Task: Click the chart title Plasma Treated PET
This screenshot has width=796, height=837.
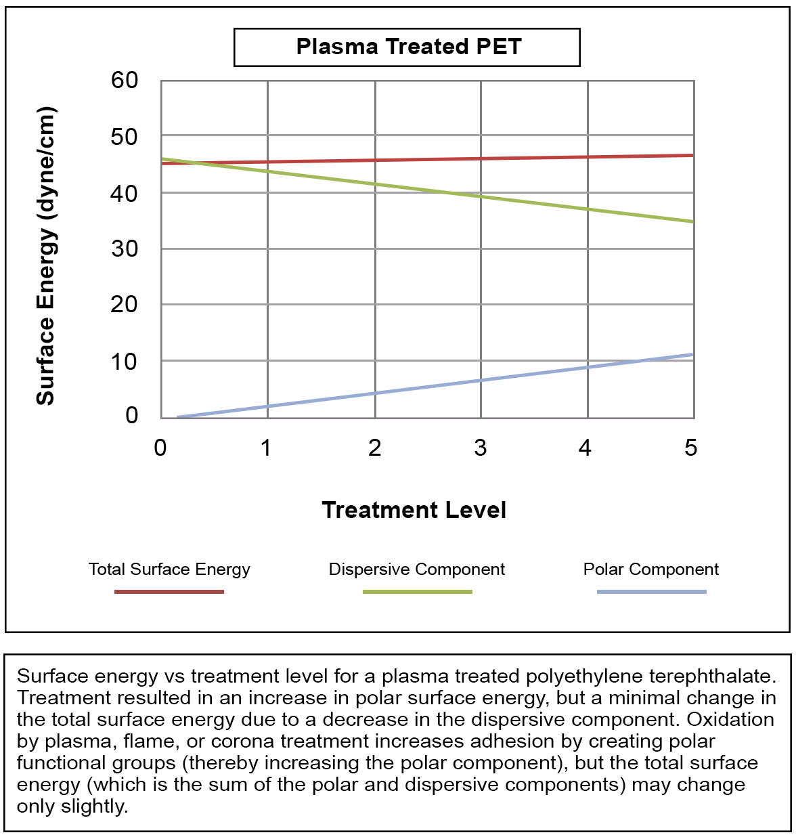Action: (408, 47)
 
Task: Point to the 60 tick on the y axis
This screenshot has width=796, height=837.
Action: (125, 81)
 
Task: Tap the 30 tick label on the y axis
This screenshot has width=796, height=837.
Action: (125, 249)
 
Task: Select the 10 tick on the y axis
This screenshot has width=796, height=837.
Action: (125, 361)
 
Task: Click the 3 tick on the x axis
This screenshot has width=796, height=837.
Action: (481, 448)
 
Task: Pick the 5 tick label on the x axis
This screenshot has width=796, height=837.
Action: (690, 448)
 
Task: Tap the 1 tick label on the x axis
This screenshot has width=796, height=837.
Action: (267, 448)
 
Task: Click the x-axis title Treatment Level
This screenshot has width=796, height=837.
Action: (414, 510)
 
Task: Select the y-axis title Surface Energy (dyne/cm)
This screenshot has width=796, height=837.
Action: (45, 256)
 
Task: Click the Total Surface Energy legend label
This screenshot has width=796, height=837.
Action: (169, 570)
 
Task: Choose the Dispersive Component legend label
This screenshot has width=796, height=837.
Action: (416, 570)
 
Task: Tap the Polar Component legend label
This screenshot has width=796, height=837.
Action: (651, 570)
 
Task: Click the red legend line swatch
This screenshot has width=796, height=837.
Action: (169, 592)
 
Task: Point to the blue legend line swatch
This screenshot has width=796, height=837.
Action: (651, 592)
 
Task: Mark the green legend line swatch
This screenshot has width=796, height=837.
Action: (417, 592)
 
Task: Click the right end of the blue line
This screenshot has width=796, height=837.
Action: (692, 354)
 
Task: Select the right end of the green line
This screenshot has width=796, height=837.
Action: (692, 221)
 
